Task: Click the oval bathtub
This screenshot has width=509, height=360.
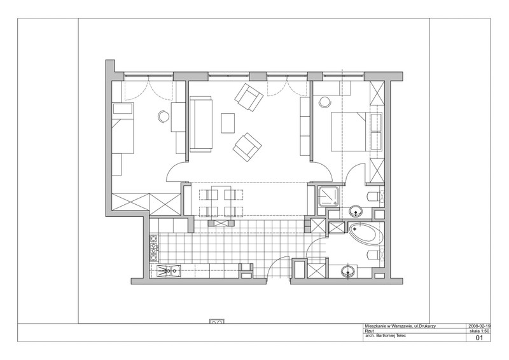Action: (x=366, y=233)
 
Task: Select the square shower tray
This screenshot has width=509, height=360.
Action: (x=328, y=197)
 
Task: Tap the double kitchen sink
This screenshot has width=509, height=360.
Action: (x=168, y=271)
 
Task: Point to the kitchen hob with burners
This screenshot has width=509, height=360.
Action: (x=153, y=248)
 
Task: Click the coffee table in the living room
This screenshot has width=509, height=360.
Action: (x=228, y=123)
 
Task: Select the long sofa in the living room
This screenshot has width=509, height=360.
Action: (x=201, y=123)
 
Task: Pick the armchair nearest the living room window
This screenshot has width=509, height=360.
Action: (x=249, y=97)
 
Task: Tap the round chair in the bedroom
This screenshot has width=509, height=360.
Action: (x=324, y=102)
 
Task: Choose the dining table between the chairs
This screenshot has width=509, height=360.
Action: (x=221, y=201)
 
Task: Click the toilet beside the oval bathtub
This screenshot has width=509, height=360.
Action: (x=373, y=255)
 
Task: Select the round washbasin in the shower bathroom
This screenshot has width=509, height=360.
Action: (x=356, y=211)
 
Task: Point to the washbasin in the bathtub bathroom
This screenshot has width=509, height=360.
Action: (x=348, y=271)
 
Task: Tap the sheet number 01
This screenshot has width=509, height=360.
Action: (x=480, y=338)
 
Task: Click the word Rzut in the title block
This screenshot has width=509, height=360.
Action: (x=369, y=331)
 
